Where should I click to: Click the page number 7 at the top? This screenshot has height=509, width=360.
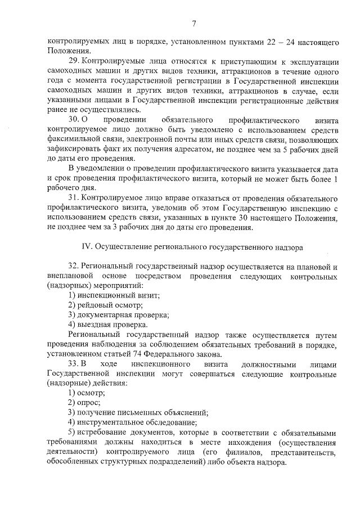tap(194, 23)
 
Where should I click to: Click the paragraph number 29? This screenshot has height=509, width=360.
tap(74, 60)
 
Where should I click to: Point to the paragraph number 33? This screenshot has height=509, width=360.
tap(74, 364)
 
